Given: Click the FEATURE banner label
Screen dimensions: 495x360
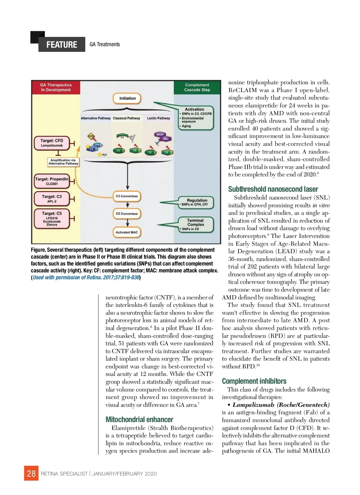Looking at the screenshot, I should (x=62, y=45).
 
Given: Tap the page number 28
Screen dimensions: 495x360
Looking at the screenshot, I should (x=31, y=473).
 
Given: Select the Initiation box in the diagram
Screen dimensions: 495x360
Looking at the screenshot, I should (x=127, y=98).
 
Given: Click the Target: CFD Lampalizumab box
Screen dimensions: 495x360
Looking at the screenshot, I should (x=52, y=143).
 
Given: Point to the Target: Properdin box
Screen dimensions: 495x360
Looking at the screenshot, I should (x=52, y=181).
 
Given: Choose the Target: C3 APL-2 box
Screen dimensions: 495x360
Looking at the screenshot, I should (x=52, y=199).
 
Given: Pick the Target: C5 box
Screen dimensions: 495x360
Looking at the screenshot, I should (x=52, y=218).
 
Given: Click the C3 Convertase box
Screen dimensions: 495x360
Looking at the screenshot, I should (x=127, y=196).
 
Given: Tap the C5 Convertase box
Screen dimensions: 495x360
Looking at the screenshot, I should (x=127, y=214).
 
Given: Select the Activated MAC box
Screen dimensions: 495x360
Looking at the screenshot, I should (x=127, y=232).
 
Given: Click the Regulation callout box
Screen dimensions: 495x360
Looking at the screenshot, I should (x=197, y=202).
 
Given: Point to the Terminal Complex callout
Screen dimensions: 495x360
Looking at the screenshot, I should (x=196, y=224).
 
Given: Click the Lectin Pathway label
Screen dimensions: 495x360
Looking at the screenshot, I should (x=158, y=118).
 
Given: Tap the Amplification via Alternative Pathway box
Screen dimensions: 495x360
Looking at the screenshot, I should (x=63, y=162).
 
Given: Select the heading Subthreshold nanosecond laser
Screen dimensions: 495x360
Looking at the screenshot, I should (x=273, y=189).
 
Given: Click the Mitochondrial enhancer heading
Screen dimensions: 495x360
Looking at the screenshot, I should (x=139, y=419).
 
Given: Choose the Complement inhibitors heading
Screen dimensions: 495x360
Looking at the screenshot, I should (x=254, y=381).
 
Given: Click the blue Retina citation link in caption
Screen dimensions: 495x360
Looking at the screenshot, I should (x=86, y=277).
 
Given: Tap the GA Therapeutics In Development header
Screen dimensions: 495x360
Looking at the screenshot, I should (x=56, y=87).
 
